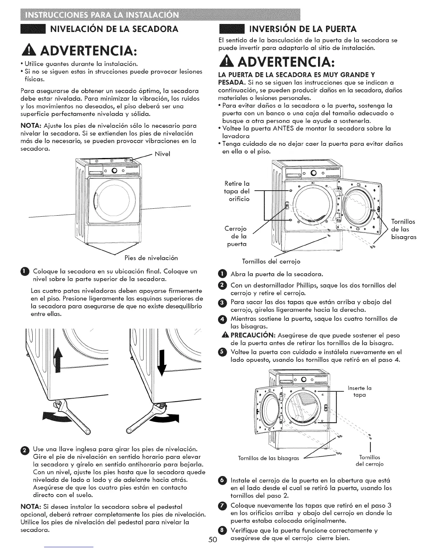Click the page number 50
(213, 540)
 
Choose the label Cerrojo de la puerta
(236, 236)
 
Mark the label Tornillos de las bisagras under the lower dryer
(268, 458)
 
